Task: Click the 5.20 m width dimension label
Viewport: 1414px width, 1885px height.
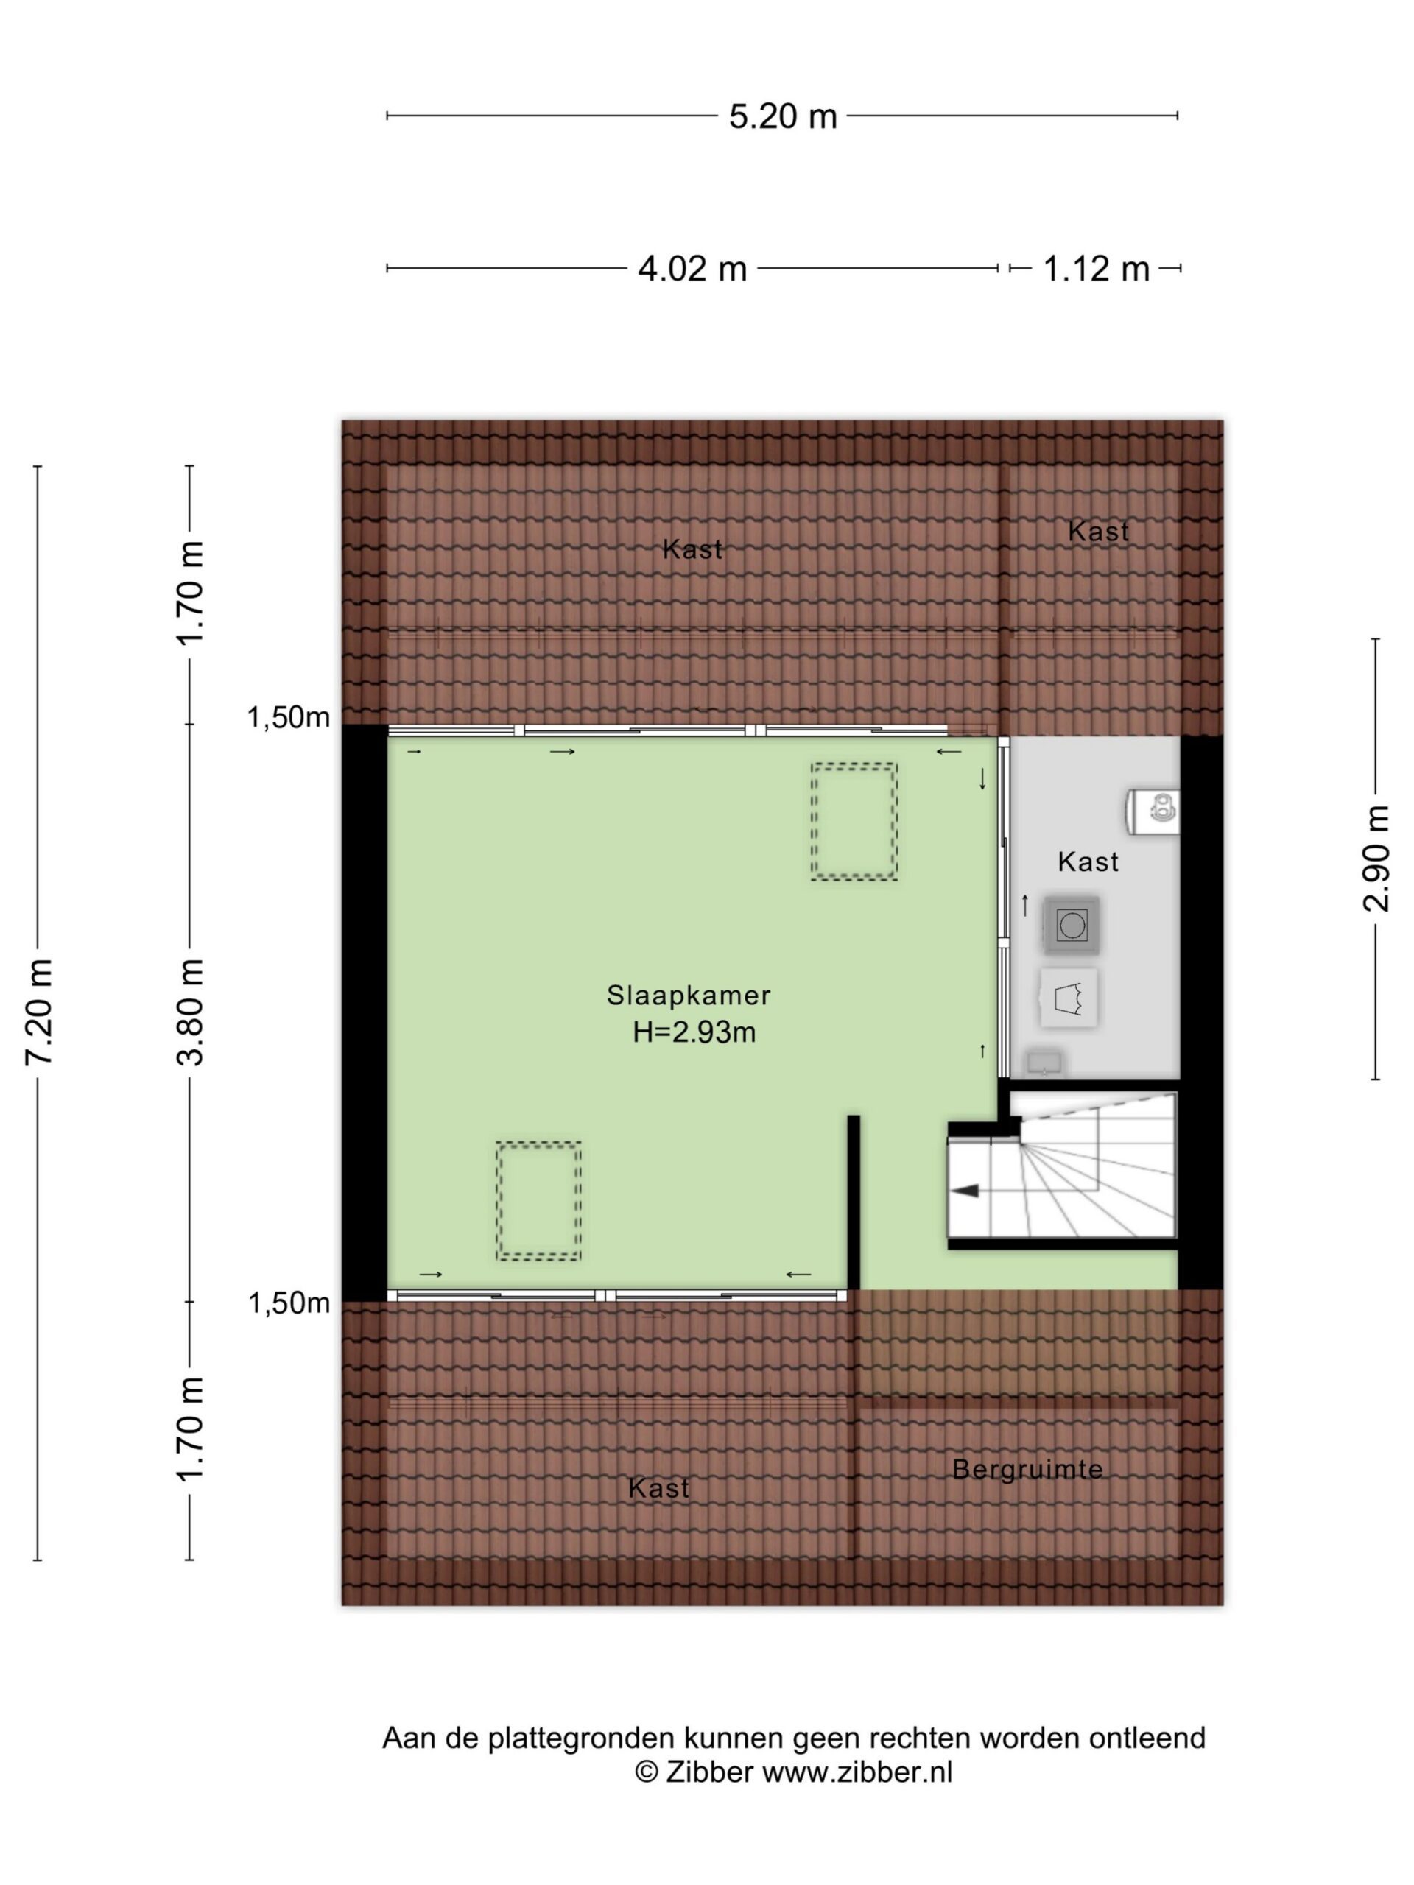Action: pyautogui.click(x=782, y=116)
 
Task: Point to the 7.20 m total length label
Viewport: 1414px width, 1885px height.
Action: pyautogui.click(x=40, y=1011)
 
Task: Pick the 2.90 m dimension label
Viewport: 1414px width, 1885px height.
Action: pyautogui.click(x=1376, y=858)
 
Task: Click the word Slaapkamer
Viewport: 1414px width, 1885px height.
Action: pyautogui.click(x=689, y=995)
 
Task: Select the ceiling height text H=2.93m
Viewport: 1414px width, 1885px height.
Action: pyautogui.click(x=694, y=1032)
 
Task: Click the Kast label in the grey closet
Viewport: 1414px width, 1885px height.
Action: pyautogui.click(x=1088, y=862)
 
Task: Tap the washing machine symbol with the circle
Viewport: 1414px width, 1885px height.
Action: pyautogui.click(x=1071, y=924)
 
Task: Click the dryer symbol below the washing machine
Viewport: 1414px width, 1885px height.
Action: pyautogui.click(x=1069, y=997)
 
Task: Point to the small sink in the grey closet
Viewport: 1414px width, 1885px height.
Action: pyautogui.click(x=1044, y=1063)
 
